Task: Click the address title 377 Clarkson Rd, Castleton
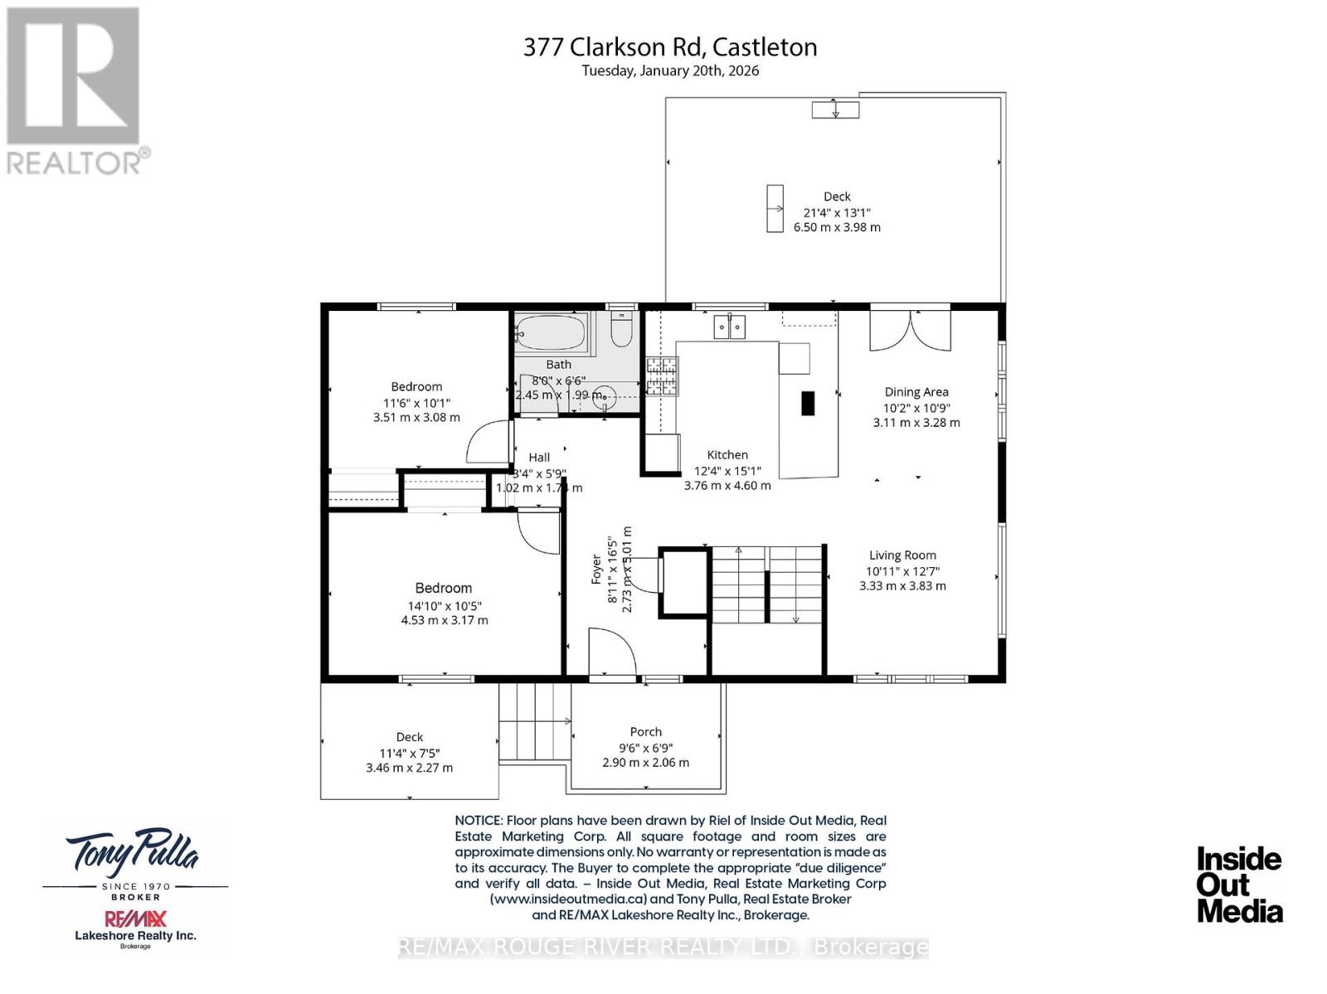[x=670, y=47]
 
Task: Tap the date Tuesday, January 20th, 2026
[x=670, y=71]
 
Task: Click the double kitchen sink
[x=730, y=327]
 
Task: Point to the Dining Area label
[x=916, y=392]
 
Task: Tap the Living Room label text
[x=902, y=555]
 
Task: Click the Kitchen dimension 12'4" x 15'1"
[x=727, y=470]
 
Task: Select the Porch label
[x=645, y=732]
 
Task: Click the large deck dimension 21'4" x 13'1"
[x=836, y=212]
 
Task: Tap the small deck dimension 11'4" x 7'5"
[x=409, y=753]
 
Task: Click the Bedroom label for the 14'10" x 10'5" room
[x=444, y=588]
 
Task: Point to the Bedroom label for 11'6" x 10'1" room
[x=416, y=386]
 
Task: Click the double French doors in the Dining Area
[x=910, y=330]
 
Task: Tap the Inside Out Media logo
[x=1239, y=885]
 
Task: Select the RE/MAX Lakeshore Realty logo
[x=135, y=927]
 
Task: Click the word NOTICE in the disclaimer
[x=478, y=821]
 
